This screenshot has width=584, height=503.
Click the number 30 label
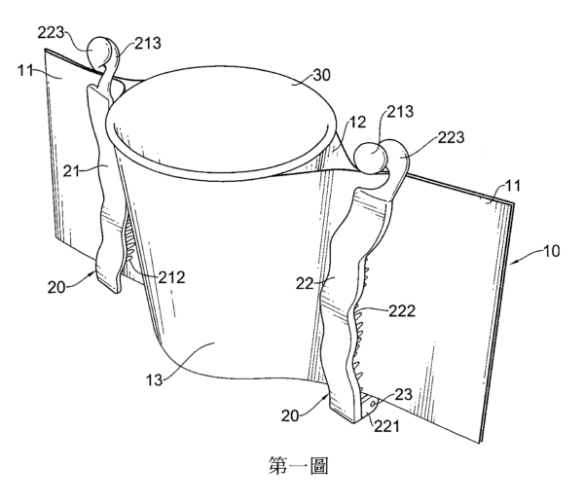tap(321, 75)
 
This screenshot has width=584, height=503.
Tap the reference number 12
tap(357, 123)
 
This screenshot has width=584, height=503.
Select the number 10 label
tap(552, 251)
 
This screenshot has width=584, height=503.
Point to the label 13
tap(154, 380)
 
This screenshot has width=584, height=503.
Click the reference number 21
tap(71, 171)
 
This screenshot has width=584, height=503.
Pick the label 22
tap(305, 284)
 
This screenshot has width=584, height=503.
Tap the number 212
tap(171, 277)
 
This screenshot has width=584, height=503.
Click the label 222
tap(402, 310)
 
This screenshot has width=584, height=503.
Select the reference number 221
tap(386, 426)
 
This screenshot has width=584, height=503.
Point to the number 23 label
tap(403, 394)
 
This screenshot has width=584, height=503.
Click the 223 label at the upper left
tap(51, 33)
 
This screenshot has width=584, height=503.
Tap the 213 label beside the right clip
tap(400, 112)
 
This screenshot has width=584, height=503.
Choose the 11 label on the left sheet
tap(26, 70)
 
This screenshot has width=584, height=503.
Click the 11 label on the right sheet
tap(513, 186)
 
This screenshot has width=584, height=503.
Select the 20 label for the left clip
tap(56, 287)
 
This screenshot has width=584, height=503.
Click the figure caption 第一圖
tap(298, 466)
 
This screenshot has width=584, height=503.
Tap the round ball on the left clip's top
tap(98, 52)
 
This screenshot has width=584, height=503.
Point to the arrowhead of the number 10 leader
tap(512, 263)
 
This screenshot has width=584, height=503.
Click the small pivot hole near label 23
tap(373, 403)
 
